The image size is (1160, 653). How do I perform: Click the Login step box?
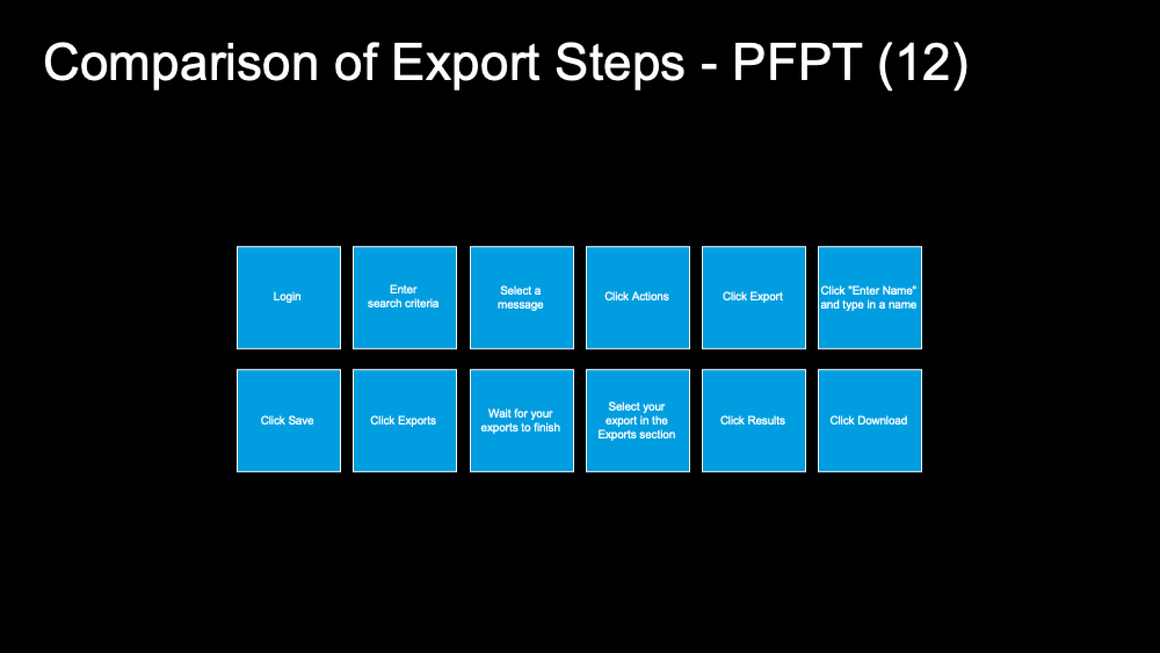pyautogui.click(x=289, y=298)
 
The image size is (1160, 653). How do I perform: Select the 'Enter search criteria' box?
pyautogui.click(x=405, y=298)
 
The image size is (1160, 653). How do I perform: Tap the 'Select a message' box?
pyautogui.click(x=522, y=298)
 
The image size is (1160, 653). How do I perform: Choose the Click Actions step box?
pyautogui.click(x=638, y=298)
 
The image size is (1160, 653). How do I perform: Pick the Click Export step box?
pyautogui.click(x=754, y=298)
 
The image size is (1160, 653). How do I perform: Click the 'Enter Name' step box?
pyautogui.click(x=870, y=298)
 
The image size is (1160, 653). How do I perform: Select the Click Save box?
pyautogui.click(x=289, y=420)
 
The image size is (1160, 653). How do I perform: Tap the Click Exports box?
pyautogui.click(x=405, y=420)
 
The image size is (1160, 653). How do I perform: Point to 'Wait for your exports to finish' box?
pyautogui.click(x=522, y=420)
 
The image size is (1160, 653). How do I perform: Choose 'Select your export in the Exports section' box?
pyautogui.click(x=638, y=420)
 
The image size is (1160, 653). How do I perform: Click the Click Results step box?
pyautogui.click(x=754, y=420)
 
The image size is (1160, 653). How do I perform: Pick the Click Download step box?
pyautogui.click(x=870, y=420)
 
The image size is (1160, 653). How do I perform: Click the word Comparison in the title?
pyautogui.click(x=182, y=64)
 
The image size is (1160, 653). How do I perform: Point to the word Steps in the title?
pyautogui.click(x=620, y=64)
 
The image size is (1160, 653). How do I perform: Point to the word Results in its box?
pyautogui.click(x=766, y=420)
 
